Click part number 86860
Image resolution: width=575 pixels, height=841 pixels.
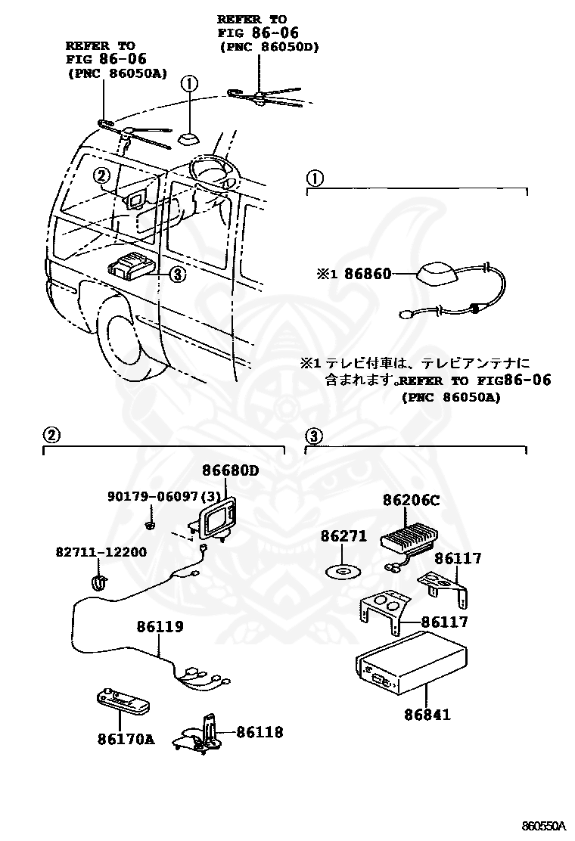368,274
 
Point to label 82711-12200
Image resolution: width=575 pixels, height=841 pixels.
101,552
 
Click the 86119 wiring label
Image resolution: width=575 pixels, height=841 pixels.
160,627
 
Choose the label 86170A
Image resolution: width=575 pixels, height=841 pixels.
125,738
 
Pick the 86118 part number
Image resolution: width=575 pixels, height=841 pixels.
260,731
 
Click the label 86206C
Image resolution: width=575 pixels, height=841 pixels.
411,501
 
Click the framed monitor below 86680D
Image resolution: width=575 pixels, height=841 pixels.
216,522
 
